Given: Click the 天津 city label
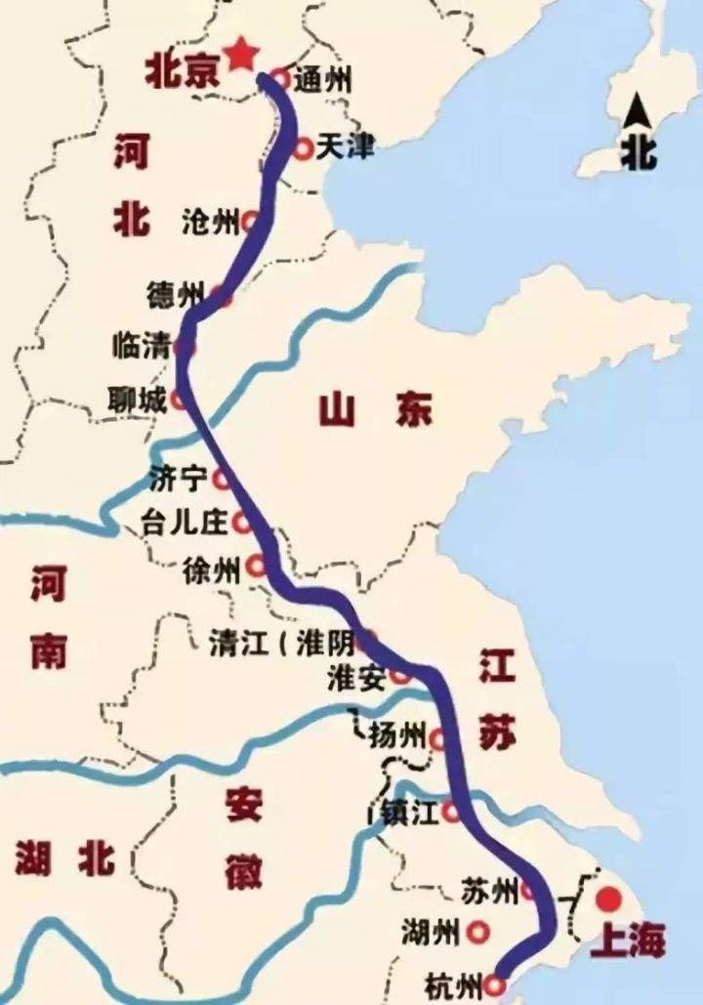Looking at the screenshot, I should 347,148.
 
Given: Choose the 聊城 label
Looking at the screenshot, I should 140,398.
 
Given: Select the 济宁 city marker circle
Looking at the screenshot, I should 222,479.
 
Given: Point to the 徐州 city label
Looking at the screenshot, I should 210,569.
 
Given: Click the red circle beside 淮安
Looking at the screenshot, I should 398,675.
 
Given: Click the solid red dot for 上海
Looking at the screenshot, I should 610,899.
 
